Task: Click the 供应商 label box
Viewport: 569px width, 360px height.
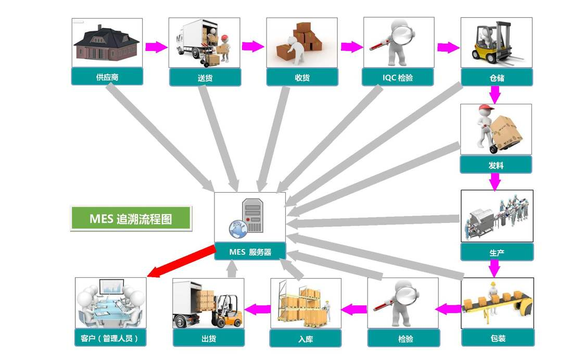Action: [107, 77]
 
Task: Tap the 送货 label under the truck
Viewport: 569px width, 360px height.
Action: [205, 78]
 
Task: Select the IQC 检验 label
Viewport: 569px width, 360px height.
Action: [398, 78]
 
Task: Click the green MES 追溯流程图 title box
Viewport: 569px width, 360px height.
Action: [131, 219]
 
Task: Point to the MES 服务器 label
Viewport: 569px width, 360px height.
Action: [250, 252]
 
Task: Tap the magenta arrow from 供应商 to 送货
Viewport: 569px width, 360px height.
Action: [155, 47]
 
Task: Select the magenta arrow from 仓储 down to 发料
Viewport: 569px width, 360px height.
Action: [495, 94]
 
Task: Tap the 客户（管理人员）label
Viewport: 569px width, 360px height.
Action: [110, 338]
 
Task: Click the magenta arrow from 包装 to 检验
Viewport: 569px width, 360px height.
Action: [448, 309]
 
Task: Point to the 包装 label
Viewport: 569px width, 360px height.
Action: [497, 338]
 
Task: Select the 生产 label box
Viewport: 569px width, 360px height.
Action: [497, 252]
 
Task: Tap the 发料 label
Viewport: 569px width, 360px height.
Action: [496, 165]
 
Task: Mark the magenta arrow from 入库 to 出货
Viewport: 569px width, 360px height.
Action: [257, 309]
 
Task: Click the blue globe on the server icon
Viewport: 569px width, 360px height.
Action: [237, 227]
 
